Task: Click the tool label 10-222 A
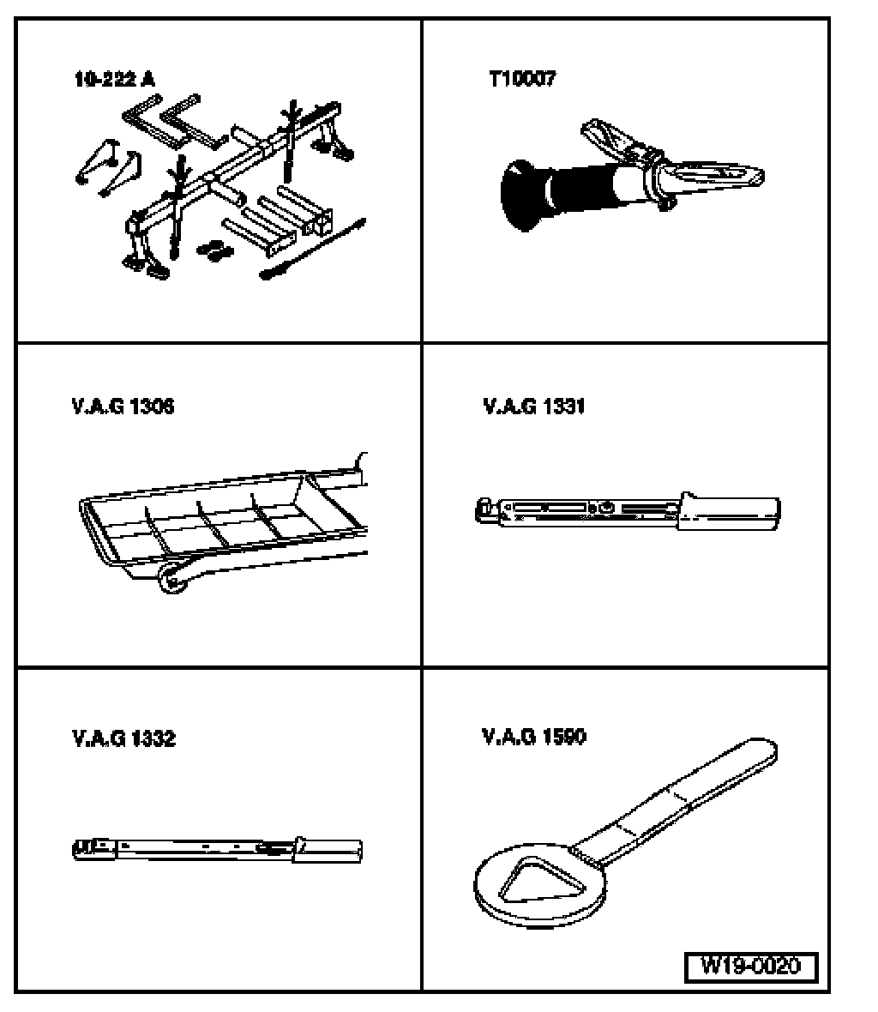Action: tap(115, 80)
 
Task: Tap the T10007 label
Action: tap(522, 79)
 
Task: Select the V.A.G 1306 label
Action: tap(123, 407)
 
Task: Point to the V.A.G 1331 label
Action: tap(533, 406)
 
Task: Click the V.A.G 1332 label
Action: tap(123, 738)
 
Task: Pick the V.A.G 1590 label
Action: tap(533, 737)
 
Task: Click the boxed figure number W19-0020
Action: tap(751, 967)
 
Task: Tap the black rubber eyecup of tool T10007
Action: tap(521, 195)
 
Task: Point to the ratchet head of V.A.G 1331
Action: tap(485, 510)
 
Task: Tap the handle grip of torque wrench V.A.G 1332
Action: tap(328, 850)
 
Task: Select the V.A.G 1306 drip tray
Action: tap(223, 523)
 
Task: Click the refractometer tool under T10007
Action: tap(632, 174)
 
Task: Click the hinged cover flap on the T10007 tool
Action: tap(613, 139)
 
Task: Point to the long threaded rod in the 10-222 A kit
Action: tap(314, 249)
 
